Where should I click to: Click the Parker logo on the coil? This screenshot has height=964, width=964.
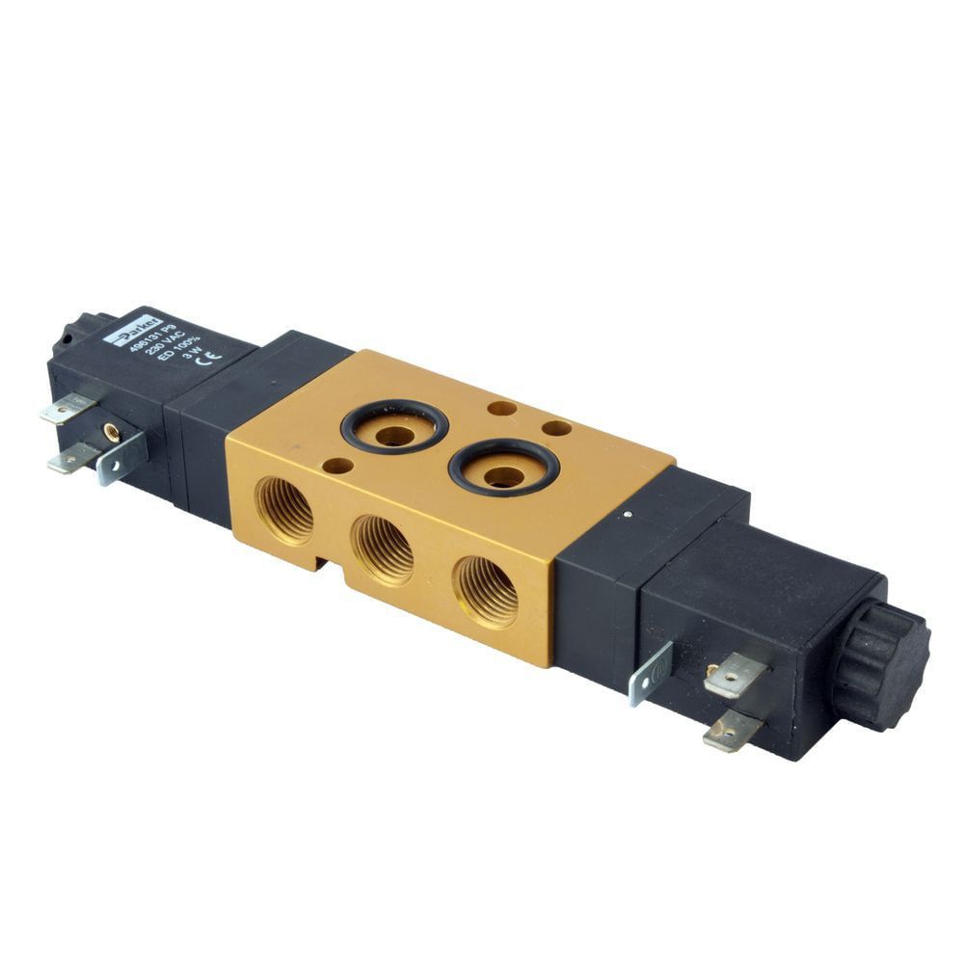122,332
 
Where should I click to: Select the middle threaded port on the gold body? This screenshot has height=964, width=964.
383,549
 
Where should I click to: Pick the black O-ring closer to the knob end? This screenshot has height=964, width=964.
503,467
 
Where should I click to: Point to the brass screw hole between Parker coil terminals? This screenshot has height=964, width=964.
113,433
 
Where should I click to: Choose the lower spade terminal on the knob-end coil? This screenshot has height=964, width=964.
733,733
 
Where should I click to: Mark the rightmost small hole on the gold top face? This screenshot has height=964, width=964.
557,427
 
